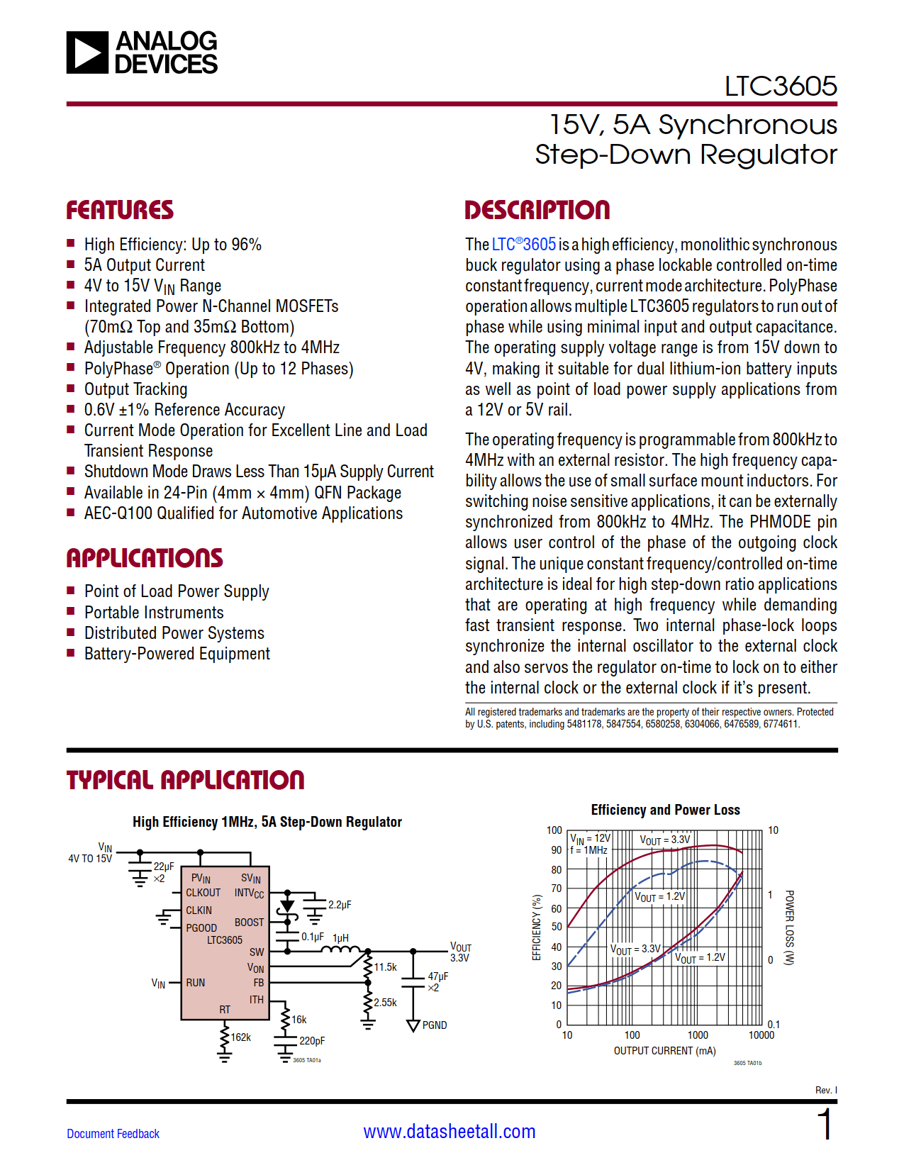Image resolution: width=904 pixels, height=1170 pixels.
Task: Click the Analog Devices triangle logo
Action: point(88,52)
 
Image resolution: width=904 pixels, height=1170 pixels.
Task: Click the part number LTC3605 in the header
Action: point(780,87)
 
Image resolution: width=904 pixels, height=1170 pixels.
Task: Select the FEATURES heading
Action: point(120,210)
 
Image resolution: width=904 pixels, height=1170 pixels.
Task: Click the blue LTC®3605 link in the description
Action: point(523,245)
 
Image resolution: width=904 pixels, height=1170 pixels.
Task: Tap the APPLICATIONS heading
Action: point(145,558)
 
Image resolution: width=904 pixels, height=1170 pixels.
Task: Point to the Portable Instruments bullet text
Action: point(154,613)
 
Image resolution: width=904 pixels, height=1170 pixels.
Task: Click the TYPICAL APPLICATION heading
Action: point(185,780)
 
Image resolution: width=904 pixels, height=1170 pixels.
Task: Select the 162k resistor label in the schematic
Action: point(241,1037)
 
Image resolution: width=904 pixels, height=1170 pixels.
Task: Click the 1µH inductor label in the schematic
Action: point(341,937)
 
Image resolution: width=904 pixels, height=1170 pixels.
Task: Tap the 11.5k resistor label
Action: point(386,967)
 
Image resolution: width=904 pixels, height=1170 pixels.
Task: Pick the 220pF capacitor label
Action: point(312,1041)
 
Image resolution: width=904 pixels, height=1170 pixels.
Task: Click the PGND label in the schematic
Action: point(435,1025)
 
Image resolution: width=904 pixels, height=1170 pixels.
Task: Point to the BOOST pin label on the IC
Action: point(249,923)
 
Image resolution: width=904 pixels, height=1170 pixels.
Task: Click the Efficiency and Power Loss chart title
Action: point(665,810)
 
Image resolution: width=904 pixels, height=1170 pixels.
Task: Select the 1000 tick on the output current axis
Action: point(698,1035)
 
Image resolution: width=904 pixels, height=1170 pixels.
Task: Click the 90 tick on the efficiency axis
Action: point(556,849)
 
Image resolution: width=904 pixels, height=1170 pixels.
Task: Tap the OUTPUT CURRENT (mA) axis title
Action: point(664,1051)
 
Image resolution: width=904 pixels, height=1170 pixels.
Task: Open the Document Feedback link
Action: point(113,1134)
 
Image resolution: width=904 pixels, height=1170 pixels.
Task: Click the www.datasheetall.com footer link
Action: point(450,1132)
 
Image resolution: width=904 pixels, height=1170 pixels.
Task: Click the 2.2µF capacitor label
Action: point(340,905)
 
